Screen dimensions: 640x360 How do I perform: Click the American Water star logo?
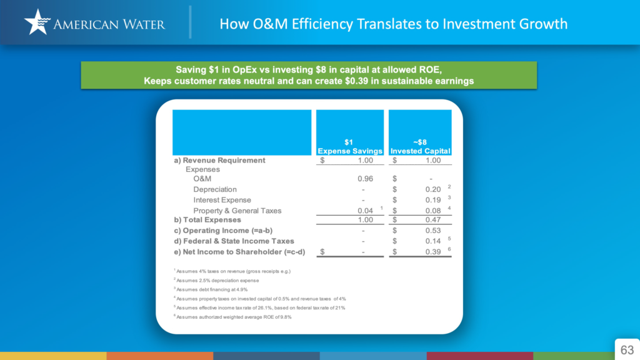tap(37, 22)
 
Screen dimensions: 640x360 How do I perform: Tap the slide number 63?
tap(627, 350)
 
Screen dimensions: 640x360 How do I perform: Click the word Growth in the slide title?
tap(543, 24)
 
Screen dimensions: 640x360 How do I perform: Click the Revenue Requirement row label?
tap(219, 161)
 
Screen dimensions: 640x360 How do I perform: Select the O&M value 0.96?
tap(365, 179)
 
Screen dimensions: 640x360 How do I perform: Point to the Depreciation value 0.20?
tap(433, 189)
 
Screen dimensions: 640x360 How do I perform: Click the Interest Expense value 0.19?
tap(433, 200)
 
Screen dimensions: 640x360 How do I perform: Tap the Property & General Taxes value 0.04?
tap(365, 211)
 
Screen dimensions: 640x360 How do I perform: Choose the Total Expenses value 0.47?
tap(433, 219)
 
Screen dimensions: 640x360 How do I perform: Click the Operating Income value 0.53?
tap(433, 231)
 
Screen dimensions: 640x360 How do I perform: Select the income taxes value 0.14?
tap(433, 241)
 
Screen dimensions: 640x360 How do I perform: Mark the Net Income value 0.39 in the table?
tap(433, 252)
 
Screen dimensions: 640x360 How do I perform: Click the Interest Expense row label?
tap(222, 200)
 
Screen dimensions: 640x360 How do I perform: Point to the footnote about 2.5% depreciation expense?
tap(216, 281)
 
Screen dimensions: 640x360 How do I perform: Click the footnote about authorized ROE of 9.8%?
tap(232, 317)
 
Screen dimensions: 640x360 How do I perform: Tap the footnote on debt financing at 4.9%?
tap(211, 289)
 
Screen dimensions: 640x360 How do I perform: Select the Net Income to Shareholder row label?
tap(239, 252)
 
